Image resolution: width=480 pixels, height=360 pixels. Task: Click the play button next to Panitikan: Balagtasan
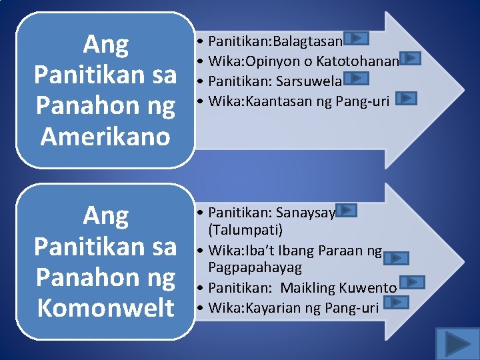[357, 39]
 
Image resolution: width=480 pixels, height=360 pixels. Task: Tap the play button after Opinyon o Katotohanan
[411, 59]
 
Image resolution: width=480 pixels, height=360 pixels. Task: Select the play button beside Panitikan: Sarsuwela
[358, 78]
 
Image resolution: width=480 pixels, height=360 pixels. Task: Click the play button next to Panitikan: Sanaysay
[347, 211]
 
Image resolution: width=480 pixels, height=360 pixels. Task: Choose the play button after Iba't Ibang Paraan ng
[397, 257]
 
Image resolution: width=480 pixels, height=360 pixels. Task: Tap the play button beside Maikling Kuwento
[413, 282]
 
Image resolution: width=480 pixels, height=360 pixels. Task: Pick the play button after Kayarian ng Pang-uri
[397, 302]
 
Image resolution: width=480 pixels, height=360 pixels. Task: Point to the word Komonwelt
[105, 308]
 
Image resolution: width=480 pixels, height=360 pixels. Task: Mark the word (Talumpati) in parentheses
[245, 230]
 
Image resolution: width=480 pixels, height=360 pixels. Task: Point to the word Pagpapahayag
[255, 267]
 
